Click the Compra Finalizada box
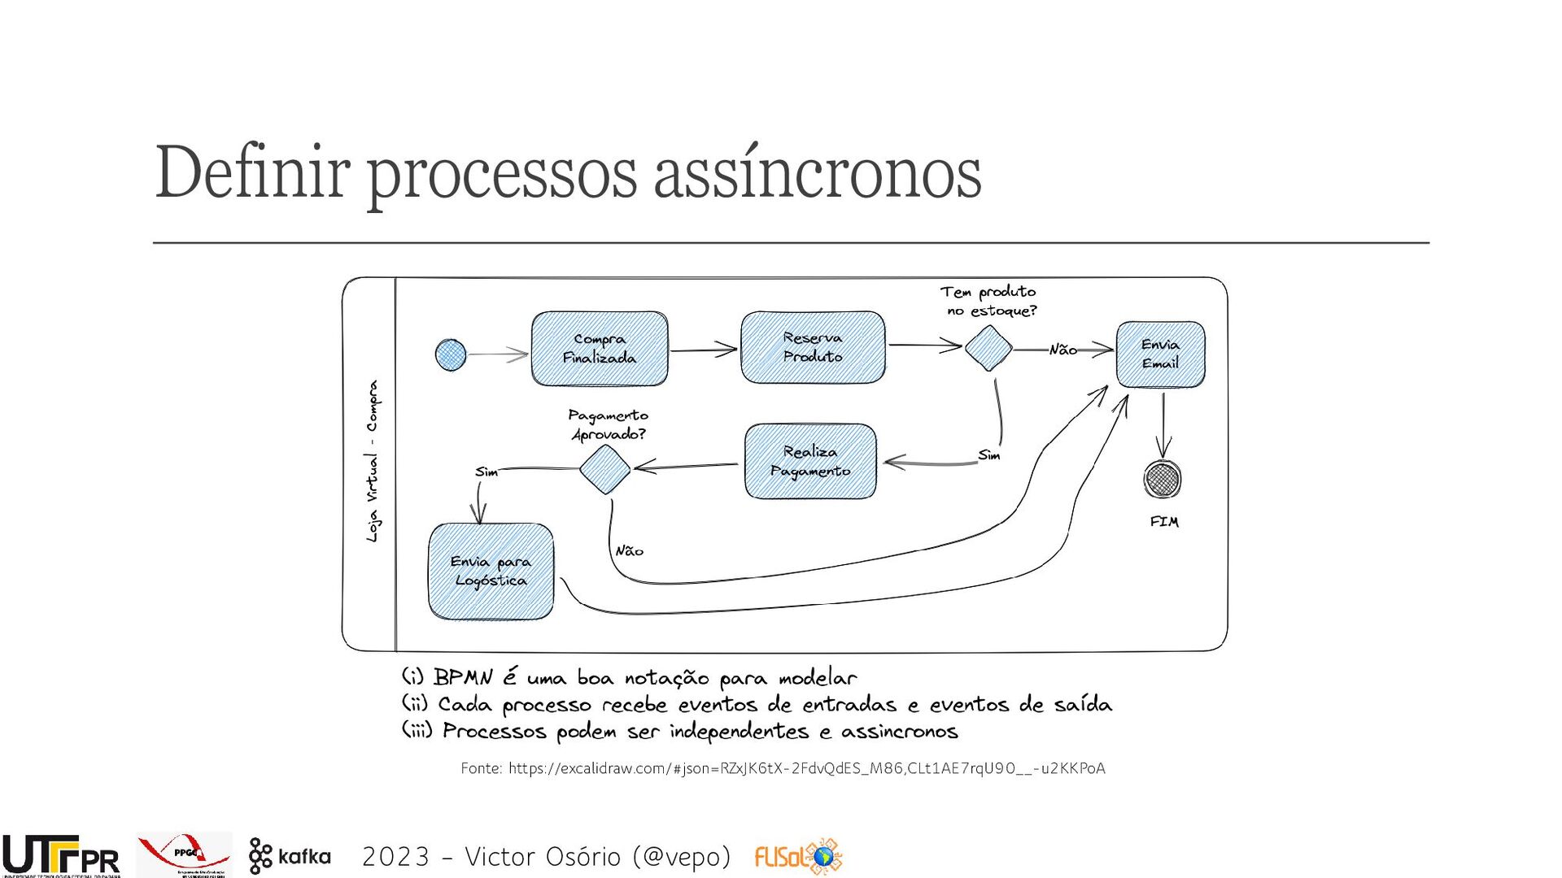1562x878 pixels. coord(600,348)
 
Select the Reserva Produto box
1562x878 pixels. coord(813,347)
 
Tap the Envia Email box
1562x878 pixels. coord(1160,354)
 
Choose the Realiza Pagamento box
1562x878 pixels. coord(810,461)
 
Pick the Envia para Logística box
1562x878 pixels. coord(491,571)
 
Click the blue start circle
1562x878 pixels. coord(451,354)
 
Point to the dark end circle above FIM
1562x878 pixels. coord(1163,479)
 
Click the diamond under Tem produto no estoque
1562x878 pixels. coord(988,348)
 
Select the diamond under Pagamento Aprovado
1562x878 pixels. coord(605,469)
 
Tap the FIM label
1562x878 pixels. coord(1164,522)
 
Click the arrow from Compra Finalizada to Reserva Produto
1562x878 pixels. coord(704,350)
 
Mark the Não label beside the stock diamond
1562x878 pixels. coord(1062,350)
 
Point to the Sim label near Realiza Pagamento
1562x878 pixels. coord(989,455)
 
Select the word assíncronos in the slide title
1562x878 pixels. coord(818,172)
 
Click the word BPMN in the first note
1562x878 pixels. coord(463,677)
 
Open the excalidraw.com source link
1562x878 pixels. coord(806,768)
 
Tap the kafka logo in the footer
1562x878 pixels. coord(290,856)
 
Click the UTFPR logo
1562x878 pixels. coord(61,856)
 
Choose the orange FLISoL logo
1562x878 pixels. coord(798,857)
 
